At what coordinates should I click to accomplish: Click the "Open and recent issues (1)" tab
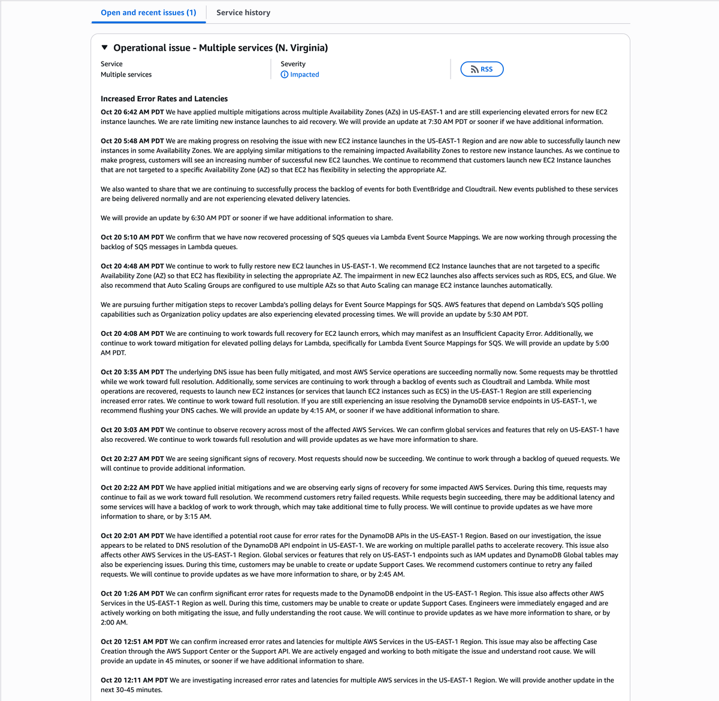pyautogui.click(x=148, y=13)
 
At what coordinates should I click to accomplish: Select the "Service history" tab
pyautogui.click(x=243, y=13)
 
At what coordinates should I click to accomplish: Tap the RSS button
pyautogui.click(x=482, y=69)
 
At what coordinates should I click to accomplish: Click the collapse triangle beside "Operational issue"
pyautogui.click(x=105, y=47)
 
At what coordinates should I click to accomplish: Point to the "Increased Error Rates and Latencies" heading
pyautogui.click(x=164, y=99)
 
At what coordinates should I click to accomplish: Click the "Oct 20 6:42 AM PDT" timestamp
pyautogui.click(x=132, y=112)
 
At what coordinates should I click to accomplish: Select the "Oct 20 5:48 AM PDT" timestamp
pyautogui.click(x=132, y=141)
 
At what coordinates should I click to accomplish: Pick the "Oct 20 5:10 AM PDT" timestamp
pyautogui.click(x=132, y=238)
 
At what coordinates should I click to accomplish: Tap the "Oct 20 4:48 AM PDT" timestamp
pyautogui.click(x=132, y=266)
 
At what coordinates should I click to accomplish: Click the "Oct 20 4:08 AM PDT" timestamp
pyautogui.click(x=132, y=334)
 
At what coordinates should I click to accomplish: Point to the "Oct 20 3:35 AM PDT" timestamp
pyautogui.click(x=132, y=372)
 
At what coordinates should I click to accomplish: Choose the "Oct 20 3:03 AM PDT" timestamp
pyautogui.click(x=132, y=430)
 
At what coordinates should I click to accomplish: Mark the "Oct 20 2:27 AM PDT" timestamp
pyautogui.click(x=132, y=459)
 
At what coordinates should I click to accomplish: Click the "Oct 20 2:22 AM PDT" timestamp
pyautogui.click(x=132, y=488)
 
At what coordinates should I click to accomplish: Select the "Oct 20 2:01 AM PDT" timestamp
pyautogui.click(x=132, y=536)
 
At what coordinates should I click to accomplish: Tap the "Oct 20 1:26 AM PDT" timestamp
pyautogui.click(x=132, y=594)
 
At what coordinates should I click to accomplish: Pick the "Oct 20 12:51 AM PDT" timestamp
pyautogui.click(x=134, y=642)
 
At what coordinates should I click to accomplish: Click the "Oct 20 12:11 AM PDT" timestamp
pyautogui.click(x=134, y=680)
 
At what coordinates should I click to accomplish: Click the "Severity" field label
pyautogui.click(x=293, y=64)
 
